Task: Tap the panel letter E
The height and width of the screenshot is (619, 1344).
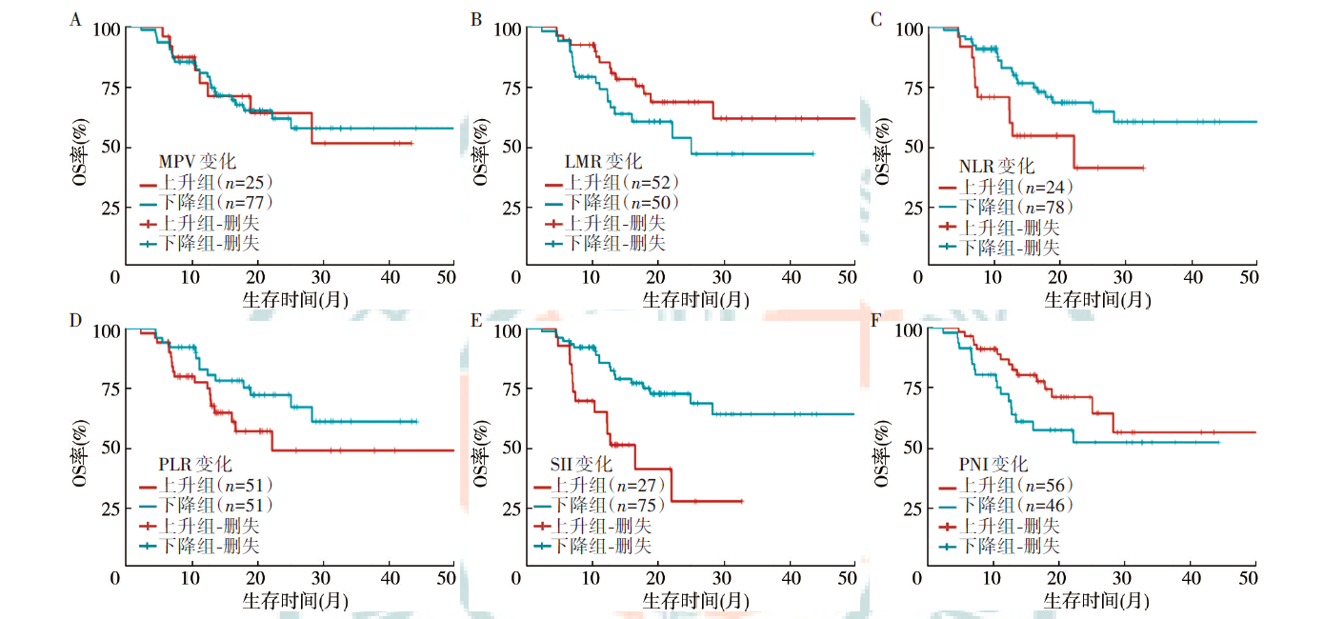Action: (x=477, y=320)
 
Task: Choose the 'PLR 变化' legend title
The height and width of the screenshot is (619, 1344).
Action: (x=195, y=464)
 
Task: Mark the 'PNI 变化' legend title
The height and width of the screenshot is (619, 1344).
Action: (x=993, y=464)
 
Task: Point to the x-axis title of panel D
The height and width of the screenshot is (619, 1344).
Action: (x=284, y=601)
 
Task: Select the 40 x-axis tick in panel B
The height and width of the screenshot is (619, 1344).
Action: (x=790, y=276)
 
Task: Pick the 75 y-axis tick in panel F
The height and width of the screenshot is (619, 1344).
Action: (x=911, y=389)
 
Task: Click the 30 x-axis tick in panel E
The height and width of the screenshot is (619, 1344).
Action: (x=724, y=578)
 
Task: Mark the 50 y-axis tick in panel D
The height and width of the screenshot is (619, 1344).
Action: (x=109, y=449)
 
